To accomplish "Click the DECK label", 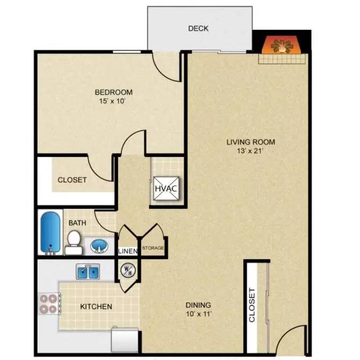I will click(x=198, y=28).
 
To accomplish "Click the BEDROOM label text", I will click(x=113, y=92).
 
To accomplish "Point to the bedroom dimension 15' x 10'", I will click(x=113, y=101).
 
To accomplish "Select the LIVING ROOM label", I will click(x=250, y=142).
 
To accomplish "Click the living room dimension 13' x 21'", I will click(x=250, y=151).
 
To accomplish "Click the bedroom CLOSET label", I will click(x=72, y=180).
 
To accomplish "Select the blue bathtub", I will click(x=51, y=233).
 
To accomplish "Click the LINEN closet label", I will click(x=127, y=251).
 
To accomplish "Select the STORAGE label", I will click(x=153, y=248).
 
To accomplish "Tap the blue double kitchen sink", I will click(x=88, y=272).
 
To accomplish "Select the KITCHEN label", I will click(x=96, y=307).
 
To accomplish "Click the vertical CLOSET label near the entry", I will click(x=252, y=306).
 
